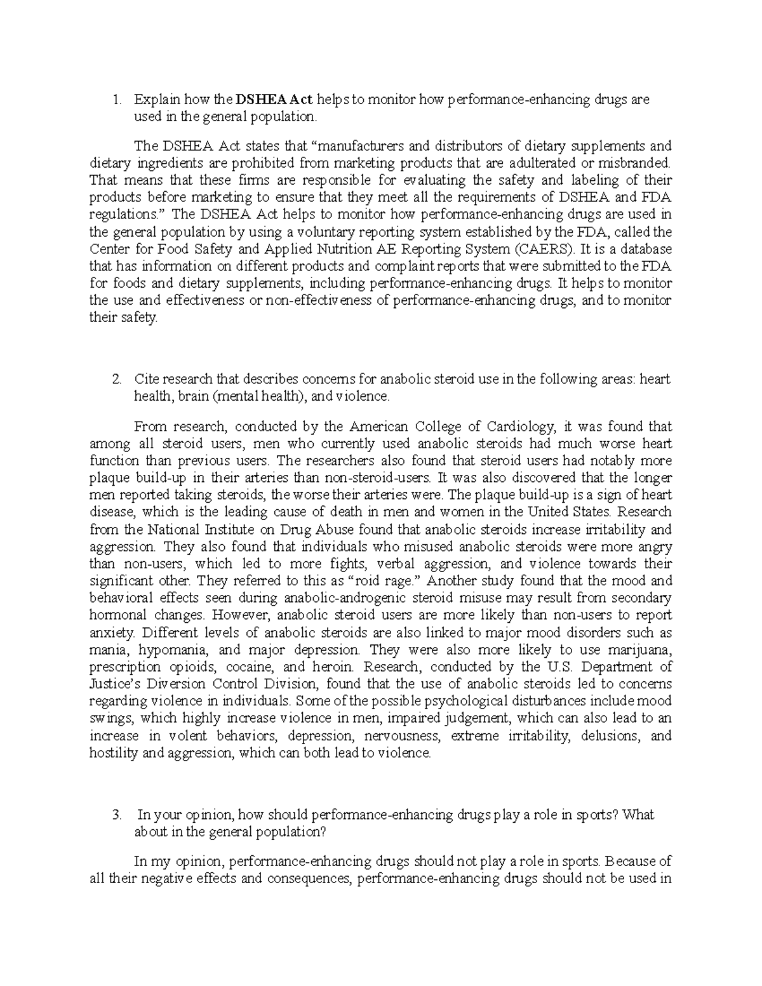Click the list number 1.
click(115, 100)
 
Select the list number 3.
click(115, 815)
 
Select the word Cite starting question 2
click(144, 380)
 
